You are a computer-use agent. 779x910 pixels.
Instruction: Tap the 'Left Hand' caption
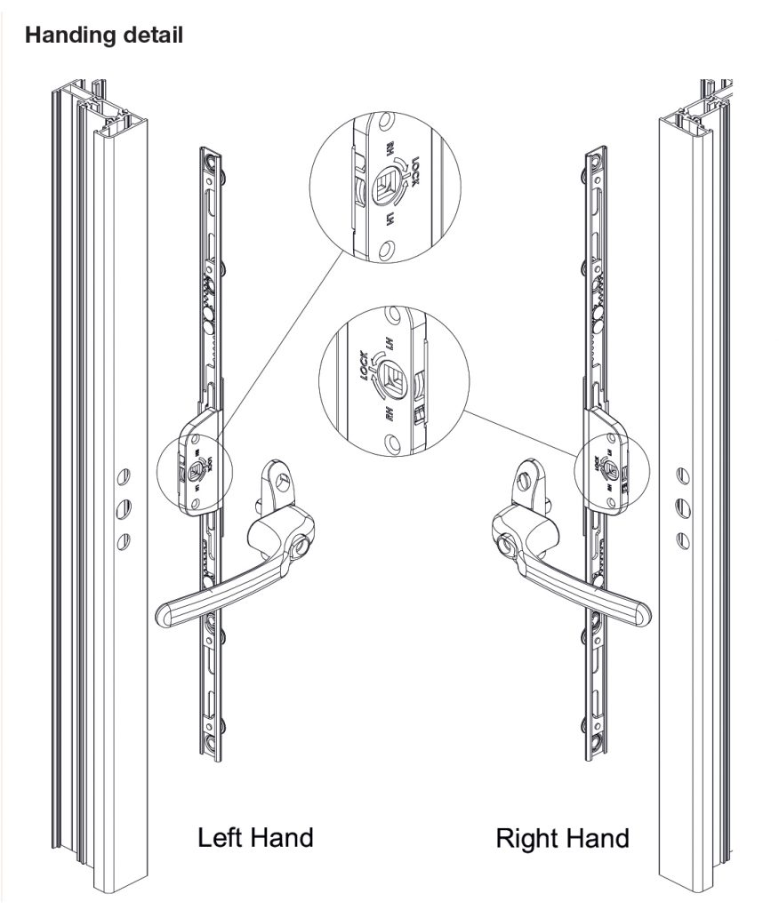pyautogui.click(x=255, y=836)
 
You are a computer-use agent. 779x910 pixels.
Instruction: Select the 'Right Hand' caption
pyautogui.click(x=561, y=836)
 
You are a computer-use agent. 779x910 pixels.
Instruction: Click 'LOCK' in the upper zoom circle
pyautogui.click(x=411, y=166)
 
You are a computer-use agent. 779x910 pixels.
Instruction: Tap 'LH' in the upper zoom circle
pyautogui.click(x=389, y=219)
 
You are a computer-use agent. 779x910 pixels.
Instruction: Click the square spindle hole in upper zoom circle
pyautogui.click(x=385, y=186)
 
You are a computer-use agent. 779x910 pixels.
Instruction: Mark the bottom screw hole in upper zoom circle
pyautogui.click(x=384, y=251)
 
